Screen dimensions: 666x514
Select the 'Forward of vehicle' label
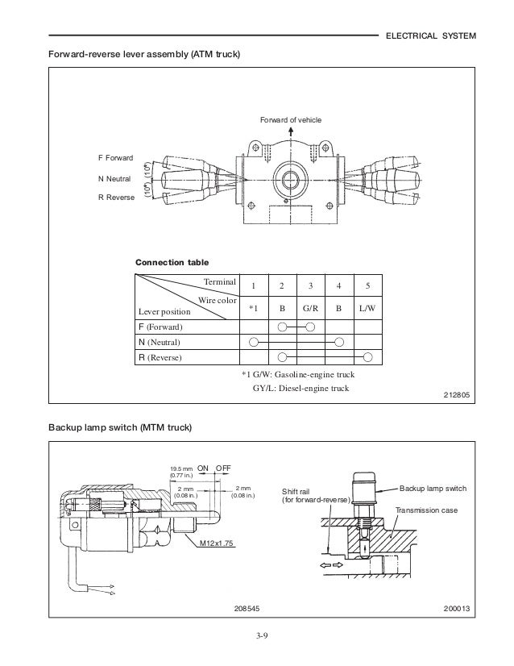click(x=290, y=120)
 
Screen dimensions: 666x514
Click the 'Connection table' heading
click(x=172, y=263)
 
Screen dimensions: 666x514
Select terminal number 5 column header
click(x=367, y=286)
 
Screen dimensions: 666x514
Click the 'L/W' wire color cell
click(x=367, y=308)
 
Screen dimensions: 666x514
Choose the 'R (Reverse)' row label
click(x=164, y=357)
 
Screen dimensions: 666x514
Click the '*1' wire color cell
click(x=253, y=308)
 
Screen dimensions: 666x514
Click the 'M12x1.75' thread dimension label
click(x=216, y=543)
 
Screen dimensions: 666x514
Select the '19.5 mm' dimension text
click(x=179, y=468)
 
